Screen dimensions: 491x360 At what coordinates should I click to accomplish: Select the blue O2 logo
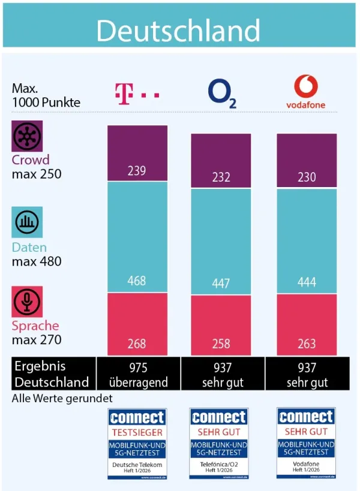coord(221,94)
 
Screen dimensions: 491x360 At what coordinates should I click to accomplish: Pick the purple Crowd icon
coord(28,136)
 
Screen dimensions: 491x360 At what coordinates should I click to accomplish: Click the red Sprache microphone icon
coord(28,302)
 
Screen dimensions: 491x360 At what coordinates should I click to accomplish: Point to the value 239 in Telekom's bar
coord(137,171)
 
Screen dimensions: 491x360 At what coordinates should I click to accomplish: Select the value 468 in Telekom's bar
coord(137,281)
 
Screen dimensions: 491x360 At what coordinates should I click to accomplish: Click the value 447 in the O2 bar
coord(221,284)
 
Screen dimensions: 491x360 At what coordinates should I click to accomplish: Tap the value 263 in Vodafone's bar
coord(307,345)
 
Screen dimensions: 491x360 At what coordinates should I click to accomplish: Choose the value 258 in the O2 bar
coord(221,345)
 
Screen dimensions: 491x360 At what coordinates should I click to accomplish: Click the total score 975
coord(137,368)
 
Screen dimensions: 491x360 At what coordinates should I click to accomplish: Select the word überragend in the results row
coord(137,382)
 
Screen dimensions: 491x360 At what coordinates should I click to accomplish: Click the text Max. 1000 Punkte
coord(46,95)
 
